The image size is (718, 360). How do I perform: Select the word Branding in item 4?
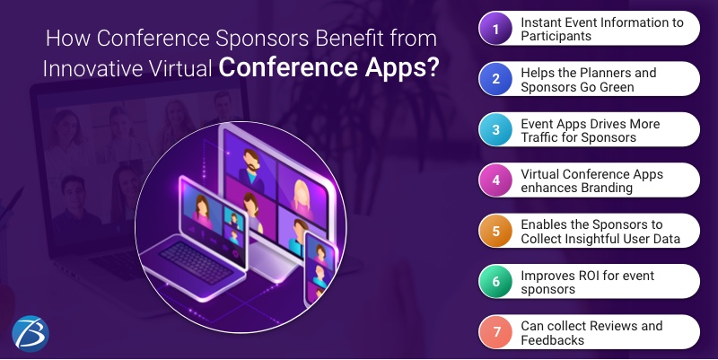click(610, 189)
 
